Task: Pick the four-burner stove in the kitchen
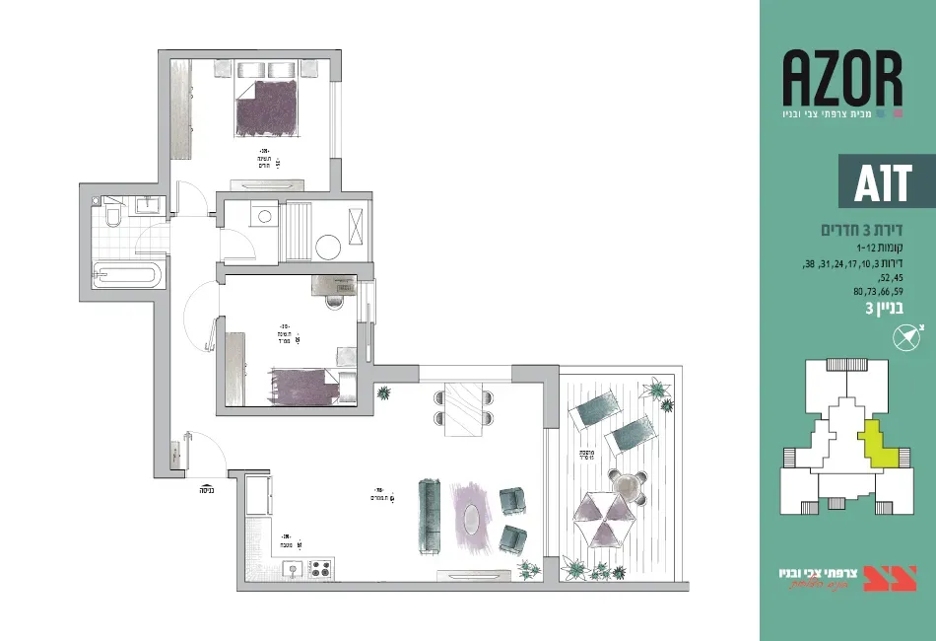(322, 568)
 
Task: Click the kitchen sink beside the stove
(293, 568)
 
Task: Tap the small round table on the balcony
(628, 485)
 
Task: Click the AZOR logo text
(842, 79)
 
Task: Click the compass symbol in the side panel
(904, 338)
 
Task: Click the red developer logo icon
(890, 578)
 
